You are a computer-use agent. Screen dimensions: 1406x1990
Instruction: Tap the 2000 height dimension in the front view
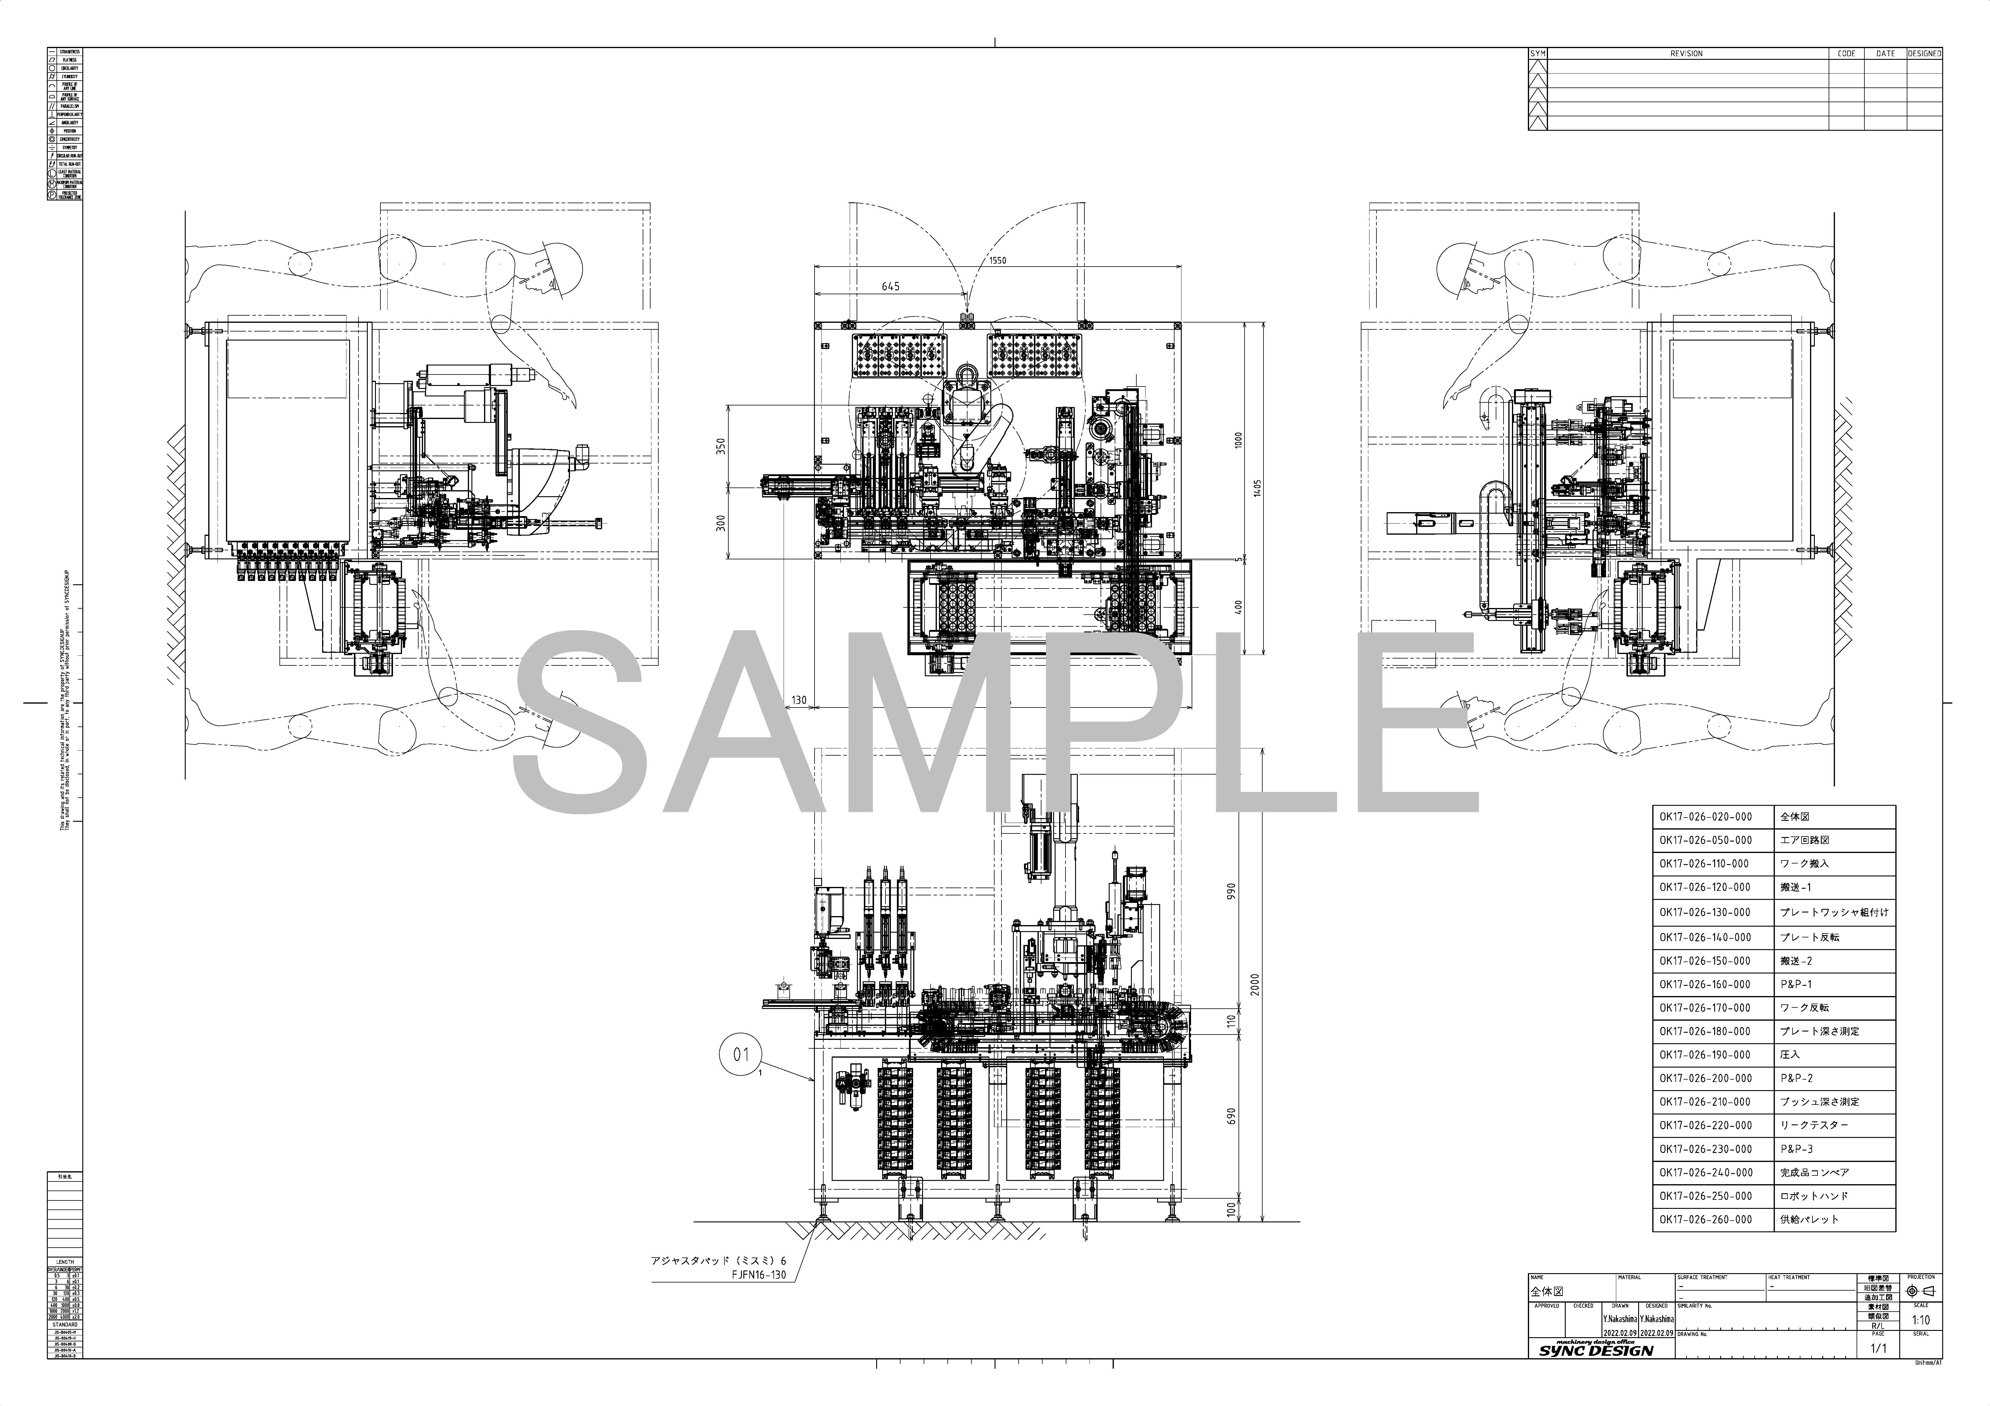(1254, 984)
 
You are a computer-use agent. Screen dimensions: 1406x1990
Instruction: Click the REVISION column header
(1686, 54)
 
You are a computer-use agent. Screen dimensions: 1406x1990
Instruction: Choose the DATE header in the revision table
(1885, 54)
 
